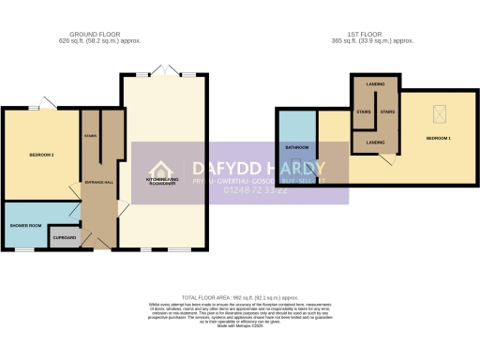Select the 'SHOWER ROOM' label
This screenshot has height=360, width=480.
tap(24, 226)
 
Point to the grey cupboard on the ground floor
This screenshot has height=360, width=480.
tap(64, 237)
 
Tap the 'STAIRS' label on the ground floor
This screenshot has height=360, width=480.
tap(91, 135)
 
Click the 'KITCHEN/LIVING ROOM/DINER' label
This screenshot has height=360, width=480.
tap(163, 181)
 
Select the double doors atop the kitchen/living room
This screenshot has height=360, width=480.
tap(165, 73)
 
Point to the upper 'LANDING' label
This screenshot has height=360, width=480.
tap(374, 82)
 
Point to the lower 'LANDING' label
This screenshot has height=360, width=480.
tap(374, 142)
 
